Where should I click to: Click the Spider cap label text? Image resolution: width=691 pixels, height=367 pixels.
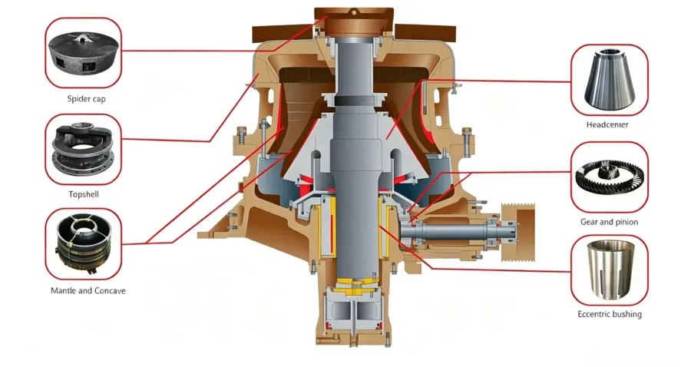[86, 99]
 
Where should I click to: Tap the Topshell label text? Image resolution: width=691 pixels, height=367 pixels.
[84, 194]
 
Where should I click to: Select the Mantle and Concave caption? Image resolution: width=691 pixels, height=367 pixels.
[88, 291]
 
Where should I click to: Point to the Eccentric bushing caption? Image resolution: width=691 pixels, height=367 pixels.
[610, 314]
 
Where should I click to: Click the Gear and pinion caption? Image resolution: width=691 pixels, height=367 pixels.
[609, 222]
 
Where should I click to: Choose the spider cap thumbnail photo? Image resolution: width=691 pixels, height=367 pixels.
[83, 52]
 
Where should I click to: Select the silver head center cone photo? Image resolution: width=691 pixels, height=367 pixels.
[610, 79]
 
